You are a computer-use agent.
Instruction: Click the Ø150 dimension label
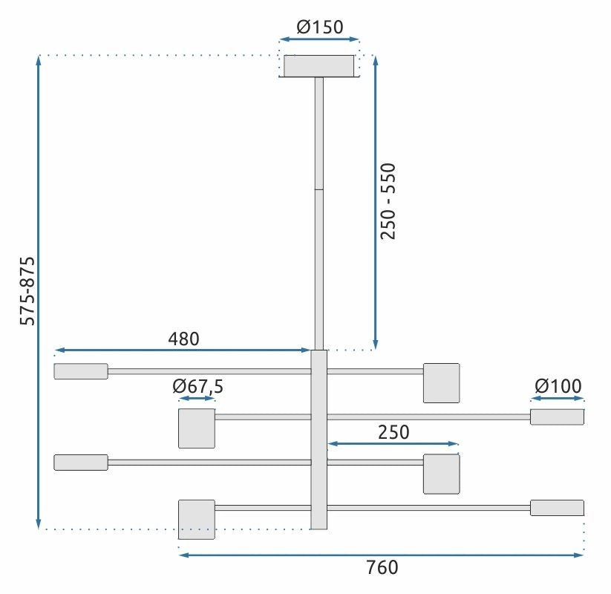[320, 28]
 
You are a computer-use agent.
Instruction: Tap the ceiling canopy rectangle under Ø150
[319, 66]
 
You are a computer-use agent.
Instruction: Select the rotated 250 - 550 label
[389, 200]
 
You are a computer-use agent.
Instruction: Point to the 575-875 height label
[27, 291]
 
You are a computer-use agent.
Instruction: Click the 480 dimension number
[183, 339]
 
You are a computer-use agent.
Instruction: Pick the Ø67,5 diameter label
[197, 386]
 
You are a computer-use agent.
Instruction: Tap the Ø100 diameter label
[558, 386]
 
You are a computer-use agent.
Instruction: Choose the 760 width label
[382, 568]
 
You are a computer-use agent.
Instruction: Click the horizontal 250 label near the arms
[393, 432]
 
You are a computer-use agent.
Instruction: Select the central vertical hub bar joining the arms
[319, 440]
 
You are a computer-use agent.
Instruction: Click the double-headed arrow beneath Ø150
[319, 39]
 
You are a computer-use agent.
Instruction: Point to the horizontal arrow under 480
[183, 350]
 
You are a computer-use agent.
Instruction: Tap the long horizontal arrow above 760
[382, 554]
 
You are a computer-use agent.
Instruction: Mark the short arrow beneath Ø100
[558, 399]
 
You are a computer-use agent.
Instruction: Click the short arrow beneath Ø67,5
[197, 399]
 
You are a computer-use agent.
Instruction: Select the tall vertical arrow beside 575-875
[39, 291]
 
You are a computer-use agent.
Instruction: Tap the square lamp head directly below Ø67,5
[197, 428]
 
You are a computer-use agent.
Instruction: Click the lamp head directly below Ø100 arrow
[557, 417]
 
